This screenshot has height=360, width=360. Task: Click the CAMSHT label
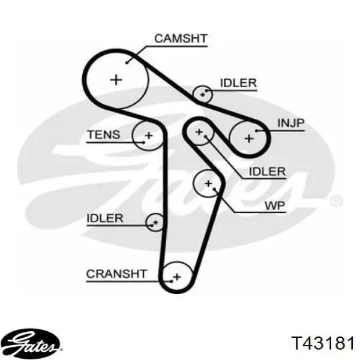[181, 38]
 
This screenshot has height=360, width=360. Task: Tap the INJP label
[291, 123]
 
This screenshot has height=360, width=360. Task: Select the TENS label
[104, 134]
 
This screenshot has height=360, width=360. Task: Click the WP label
[275, 206]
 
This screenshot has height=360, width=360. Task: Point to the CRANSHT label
[116, 274]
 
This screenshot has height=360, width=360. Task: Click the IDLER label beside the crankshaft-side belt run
[104, 218]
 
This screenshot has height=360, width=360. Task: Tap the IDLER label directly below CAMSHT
[238, 83]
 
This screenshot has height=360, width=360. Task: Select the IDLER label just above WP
[267, 172]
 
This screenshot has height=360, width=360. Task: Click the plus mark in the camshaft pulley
[116, 80]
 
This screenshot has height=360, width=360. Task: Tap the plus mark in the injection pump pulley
[249, 139]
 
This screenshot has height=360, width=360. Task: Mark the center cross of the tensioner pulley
[149, 136]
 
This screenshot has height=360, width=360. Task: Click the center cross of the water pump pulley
[208, 184]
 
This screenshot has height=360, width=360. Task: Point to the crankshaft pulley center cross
[177, 277]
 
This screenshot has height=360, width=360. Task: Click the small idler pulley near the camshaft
[202, 94]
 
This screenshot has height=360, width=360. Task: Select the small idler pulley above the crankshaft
[155, 222]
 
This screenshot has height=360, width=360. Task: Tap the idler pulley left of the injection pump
[199, 132]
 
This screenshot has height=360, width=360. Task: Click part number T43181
[323, 343]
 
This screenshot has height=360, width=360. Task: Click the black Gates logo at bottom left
[33, 343]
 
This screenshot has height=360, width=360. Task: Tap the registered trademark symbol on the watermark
[336, 201]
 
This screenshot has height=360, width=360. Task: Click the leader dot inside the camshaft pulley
[127, 62]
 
